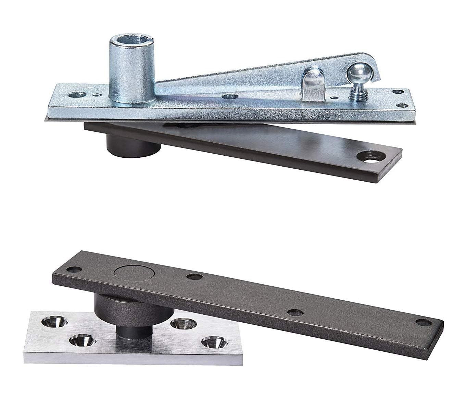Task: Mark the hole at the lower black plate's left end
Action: pyautogui.click(x=73, y=269)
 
